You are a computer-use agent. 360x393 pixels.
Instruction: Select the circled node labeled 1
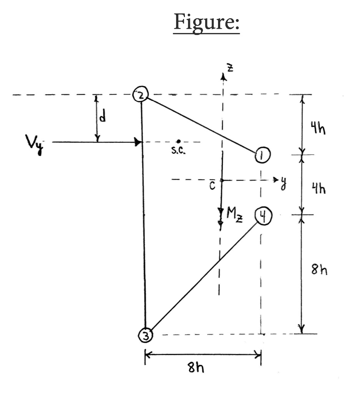(x=262, y=155)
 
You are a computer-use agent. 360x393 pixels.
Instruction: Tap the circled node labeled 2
(x=141, y=95)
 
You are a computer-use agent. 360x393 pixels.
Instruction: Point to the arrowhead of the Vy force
(x=138, y=142)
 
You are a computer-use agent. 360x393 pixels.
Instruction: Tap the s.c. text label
(x=178, y=151)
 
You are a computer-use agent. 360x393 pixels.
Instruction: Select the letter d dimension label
(x=102, y=117)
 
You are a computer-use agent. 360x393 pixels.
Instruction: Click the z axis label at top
(x=230, y=69)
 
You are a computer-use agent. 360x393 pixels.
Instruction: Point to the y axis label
(x=284, y=182)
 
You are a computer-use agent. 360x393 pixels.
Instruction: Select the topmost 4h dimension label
(x=318, y=129)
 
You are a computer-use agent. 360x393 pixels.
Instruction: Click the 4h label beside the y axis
(x=318, y=189)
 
